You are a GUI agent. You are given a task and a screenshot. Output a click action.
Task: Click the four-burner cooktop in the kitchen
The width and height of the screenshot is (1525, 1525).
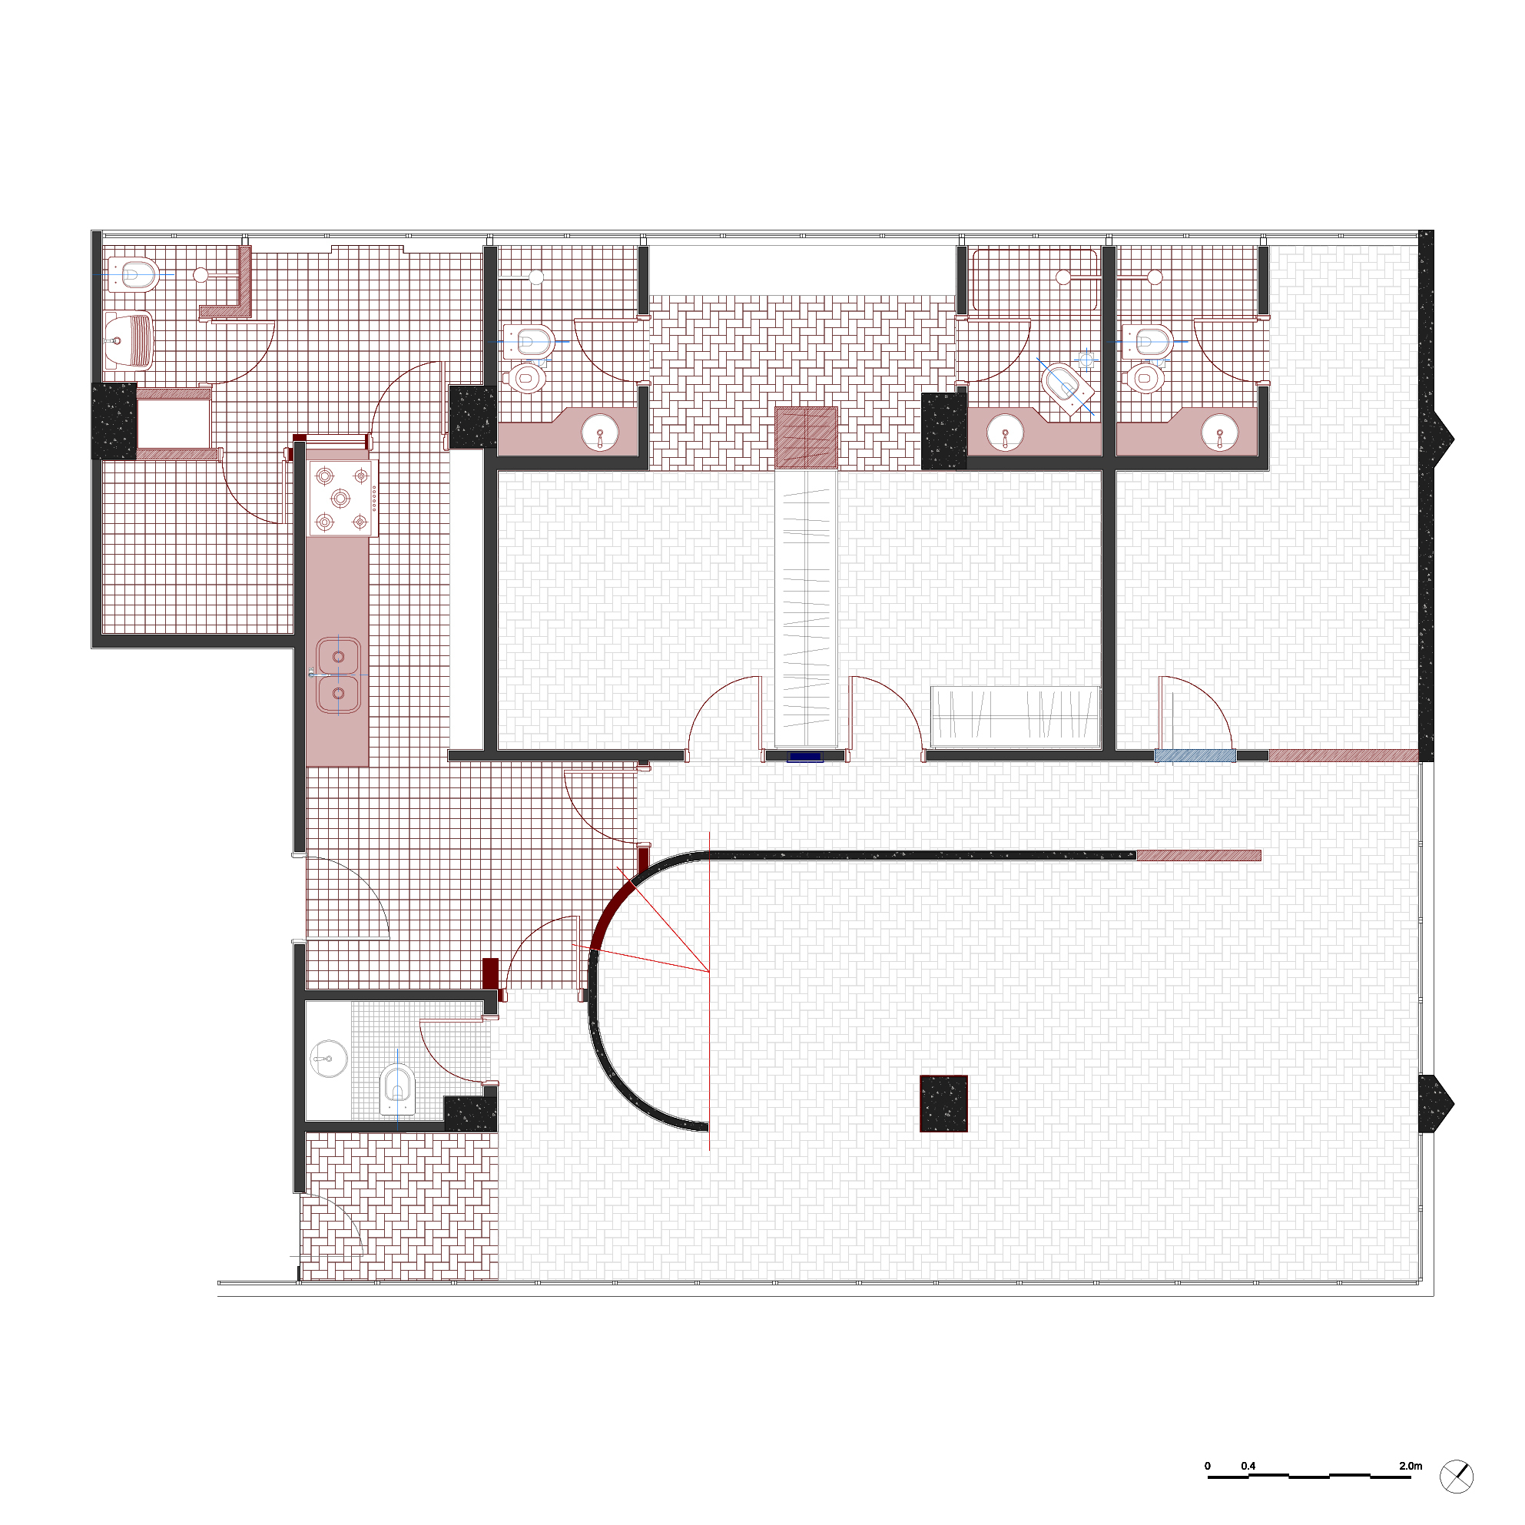click(343, 498)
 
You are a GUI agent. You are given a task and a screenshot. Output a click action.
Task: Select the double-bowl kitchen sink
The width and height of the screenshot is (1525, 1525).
click(339, 675)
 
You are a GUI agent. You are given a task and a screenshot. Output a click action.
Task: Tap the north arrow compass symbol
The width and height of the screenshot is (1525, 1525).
click(1457, 1476)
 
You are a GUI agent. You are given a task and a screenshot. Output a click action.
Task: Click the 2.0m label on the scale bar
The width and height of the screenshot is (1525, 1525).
click(1411, 1466)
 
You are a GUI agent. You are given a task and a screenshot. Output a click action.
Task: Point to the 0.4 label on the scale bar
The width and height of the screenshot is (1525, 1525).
click(1248, 1466)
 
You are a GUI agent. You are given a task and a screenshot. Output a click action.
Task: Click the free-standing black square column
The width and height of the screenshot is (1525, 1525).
click(944, 1103)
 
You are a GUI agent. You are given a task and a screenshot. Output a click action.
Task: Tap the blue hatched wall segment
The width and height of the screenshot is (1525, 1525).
click(1195, 755)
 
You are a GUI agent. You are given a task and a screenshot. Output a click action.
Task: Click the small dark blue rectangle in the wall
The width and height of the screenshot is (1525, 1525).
click(805, 757)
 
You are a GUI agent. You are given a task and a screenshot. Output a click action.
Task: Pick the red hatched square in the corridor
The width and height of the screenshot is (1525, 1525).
click(806, 438)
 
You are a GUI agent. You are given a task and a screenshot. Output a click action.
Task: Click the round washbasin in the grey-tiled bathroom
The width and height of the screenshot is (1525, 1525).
click(328, 1059)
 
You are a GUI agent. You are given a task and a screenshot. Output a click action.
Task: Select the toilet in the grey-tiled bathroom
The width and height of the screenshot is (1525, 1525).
click(398, 1089)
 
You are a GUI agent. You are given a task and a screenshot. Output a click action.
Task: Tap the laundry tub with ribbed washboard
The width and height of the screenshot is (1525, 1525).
click(128, 341)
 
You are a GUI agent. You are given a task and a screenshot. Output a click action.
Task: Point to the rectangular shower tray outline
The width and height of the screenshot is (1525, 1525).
click(1035, 280)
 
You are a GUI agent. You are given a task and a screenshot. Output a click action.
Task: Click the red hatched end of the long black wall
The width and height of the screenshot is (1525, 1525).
click(1198, 856)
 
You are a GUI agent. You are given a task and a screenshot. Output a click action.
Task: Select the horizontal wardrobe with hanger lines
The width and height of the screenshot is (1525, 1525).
click(1016, 717)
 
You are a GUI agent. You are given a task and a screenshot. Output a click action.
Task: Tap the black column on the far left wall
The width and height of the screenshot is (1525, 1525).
click(114, 421)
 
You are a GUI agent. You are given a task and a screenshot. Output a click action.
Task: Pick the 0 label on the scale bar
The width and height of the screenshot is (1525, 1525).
click(1208, 1466)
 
